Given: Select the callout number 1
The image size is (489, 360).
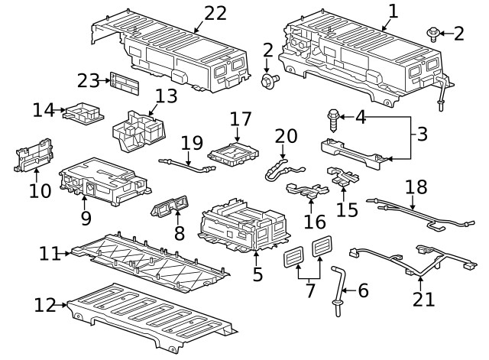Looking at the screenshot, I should pyautogui.click(x=393, y=11).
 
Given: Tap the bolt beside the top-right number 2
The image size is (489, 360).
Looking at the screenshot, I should pyautogui.click(x=432, y=32).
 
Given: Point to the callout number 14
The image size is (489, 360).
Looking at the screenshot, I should pyautogui.click(x=43, y=110).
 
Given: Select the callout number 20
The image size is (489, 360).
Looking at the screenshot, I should pyautogui.click(x=286, y=135).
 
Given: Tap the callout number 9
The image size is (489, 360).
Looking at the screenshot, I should pyautogui.click(x=86, y=218).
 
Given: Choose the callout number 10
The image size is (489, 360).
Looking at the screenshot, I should pyautogui.click(x=40, y=190).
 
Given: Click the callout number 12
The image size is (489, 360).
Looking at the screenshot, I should pyautogui.click(x=44, y=306).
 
